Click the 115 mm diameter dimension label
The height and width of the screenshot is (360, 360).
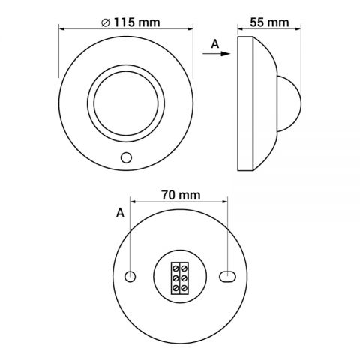(130, 22)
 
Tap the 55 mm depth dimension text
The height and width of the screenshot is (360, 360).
(269, 22)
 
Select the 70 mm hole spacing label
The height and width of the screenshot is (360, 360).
(181, 195)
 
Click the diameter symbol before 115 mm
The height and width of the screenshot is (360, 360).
(106, 22)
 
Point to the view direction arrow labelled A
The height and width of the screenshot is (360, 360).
(216, 54)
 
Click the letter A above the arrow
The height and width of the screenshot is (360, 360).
(215, 44)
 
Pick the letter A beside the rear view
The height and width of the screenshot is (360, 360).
(120, 213)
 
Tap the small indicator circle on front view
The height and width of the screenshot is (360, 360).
(126, 157)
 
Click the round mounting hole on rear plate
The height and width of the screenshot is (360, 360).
(130, 277)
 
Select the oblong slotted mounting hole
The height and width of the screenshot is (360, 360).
(227, 277)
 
